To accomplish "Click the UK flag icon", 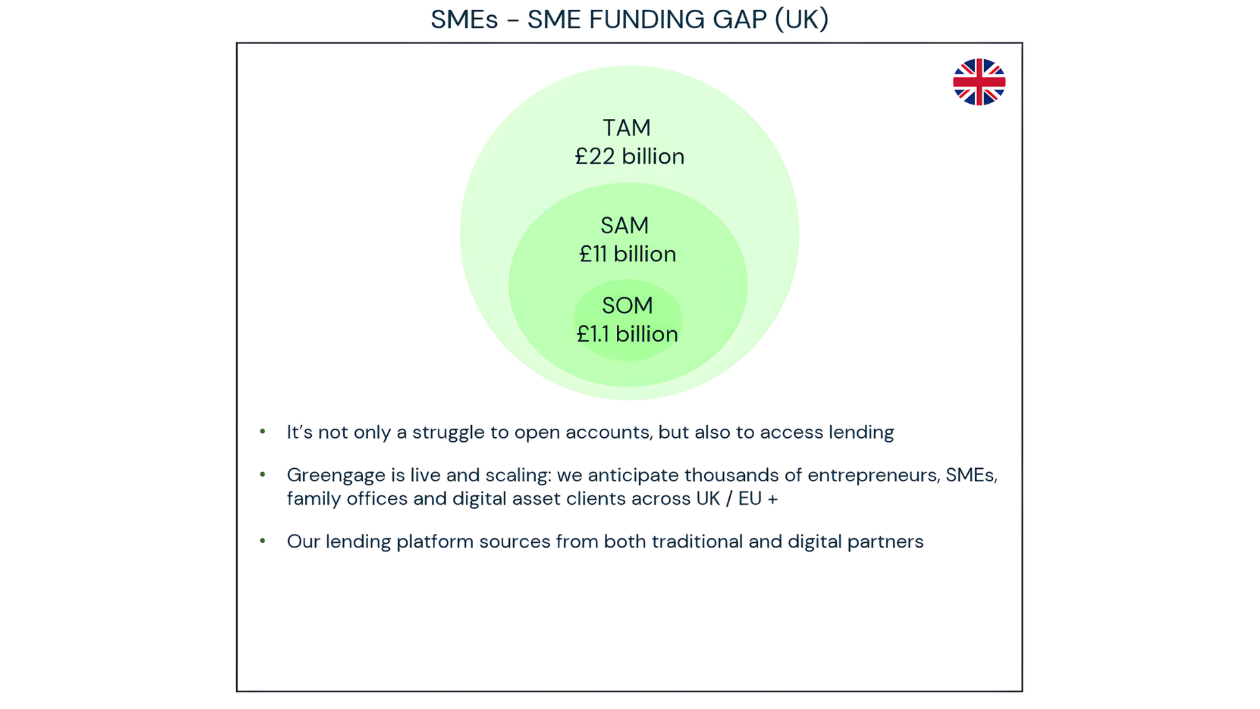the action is tap(979, 82).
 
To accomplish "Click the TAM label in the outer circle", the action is tap(627, 127).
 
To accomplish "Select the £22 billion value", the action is tap(629, 156).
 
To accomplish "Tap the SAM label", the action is tap(625, 225).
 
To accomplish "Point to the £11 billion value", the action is tap(627, 254).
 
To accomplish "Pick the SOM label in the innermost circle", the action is tap(627, 305).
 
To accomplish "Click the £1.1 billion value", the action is tap(627, 334).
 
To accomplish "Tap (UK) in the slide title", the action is tap(802, 20).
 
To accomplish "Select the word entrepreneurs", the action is tap(872, 476).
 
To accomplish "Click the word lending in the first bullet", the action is tap(861, 433).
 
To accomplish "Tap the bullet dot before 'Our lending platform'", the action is tap(262, 541).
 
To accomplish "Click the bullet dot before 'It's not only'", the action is tap(262, 431).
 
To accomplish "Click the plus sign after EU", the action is tap(773, 499).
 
